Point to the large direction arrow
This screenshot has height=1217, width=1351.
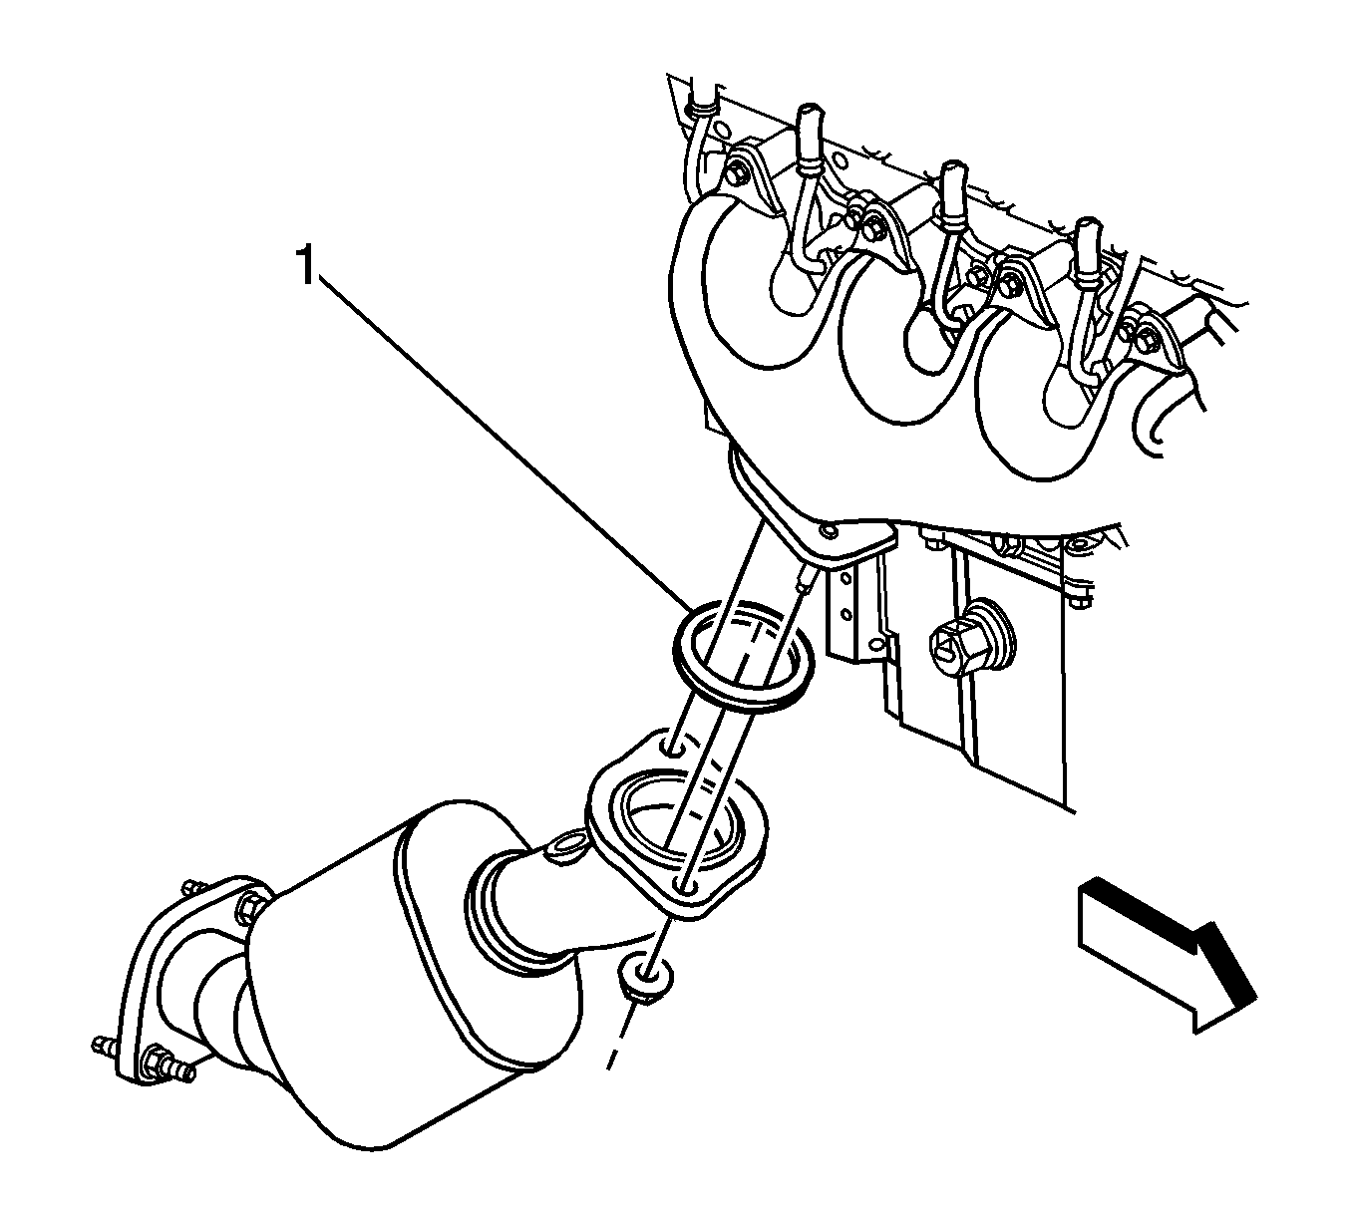1168,959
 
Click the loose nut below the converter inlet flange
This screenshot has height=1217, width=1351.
645,977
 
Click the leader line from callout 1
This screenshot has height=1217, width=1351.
506,443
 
